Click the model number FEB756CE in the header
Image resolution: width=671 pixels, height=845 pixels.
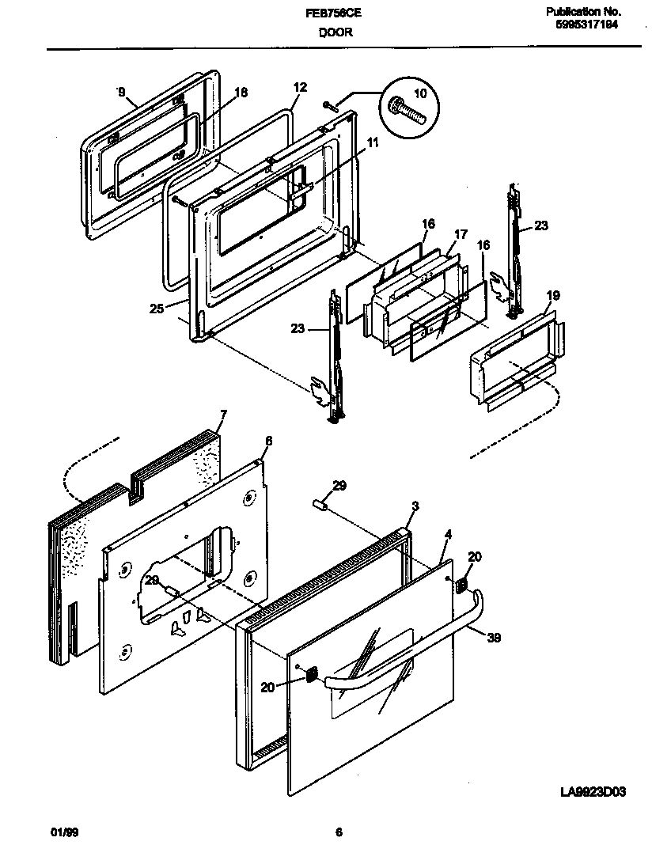coord(335,13)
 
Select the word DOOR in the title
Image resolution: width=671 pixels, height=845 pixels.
coord(335,32)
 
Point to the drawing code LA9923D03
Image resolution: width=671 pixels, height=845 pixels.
coord(594,792)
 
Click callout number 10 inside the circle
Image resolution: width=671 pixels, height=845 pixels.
coord(420,93)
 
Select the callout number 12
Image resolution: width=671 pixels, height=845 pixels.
coord(299,88)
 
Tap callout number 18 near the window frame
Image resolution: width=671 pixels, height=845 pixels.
coord(241,93)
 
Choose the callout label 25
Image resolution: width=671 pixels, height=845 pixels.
coord(156,309)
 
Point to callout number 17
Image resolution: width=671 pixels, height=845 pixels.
coord(461,234)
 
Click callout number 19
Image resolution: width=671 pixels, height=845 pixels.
coord(553,296)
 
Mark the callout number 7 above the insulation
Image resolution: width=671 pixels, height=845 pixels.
coord(223,415)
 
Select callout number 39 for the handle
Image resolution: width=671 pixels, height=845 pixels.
coord(494,637)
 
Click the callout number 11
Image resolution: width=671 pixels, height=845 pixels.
coord(373,142)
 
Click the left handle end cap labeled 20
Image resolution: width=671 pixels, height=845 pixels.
coord(311,674)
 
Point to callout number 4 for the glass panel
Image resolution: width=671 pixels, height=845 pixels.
coord(448,535)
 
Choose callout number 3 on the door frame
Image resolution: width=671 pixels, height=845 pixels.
coord(415,506)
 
